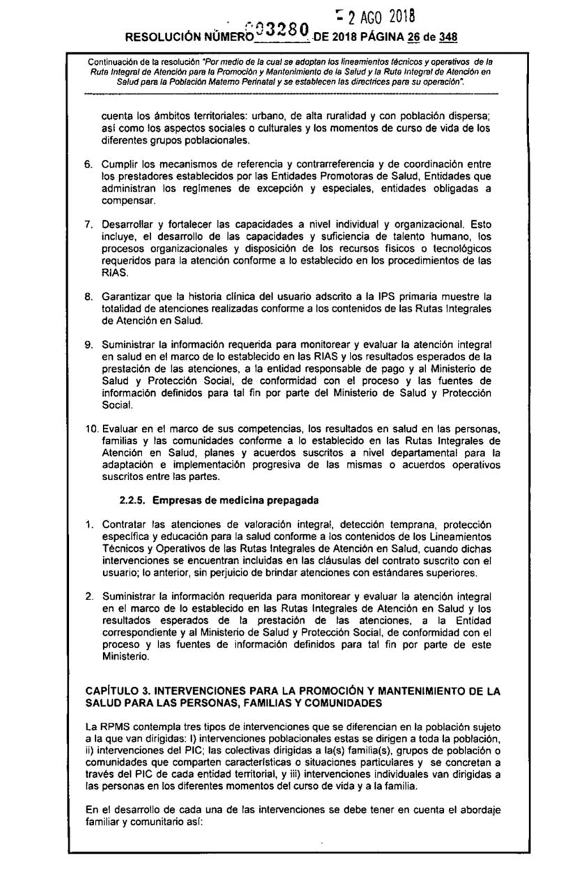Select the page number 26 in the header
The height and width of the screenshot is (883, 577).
(388, 36)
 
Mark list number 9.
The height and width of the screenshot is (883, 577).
(88, 344)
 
